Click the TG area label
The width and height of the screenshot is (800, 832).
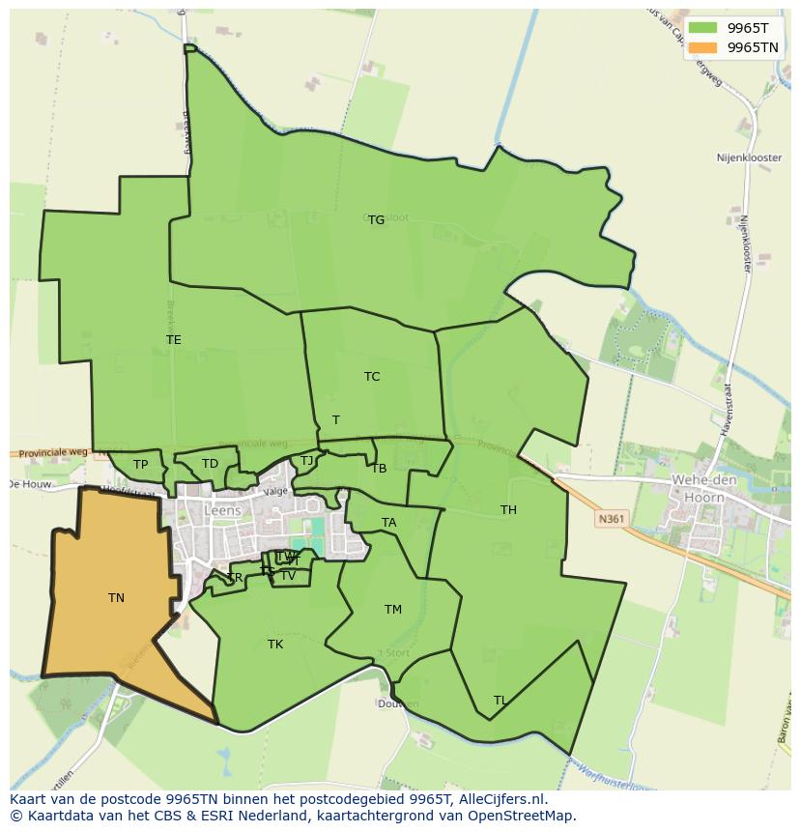(x=376, y=220)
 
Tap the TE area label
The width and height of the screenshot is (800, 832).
(x=174, y=340)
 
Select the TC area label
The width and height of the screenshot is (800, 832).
(x=372, y=377)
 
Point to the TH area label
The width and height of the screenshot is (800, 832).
(x=508, y=510)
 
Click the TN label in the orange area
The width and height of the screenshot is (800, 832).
(x=116, y=598)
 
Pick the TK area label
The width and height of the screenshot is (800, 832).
(x=275, y=645)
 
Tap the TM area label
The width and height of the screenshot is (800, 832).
(x=392, y=610)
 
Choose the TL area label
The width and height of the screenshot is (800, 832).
(x=500, y=701)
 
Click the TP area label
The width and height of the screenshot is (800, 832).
(x=141, y=465)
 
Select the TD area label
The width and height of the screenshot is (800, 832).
(x=210, y=464)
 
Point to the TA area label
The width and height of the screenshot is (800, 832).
(x=388, y=523)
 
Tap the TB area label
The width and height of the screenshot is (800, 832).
(x=379, y=469)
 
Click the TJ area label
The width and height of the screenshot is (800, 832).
(x=307, y=461)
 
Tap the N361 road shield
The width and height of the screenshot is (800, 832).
(x=611, y=519)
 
